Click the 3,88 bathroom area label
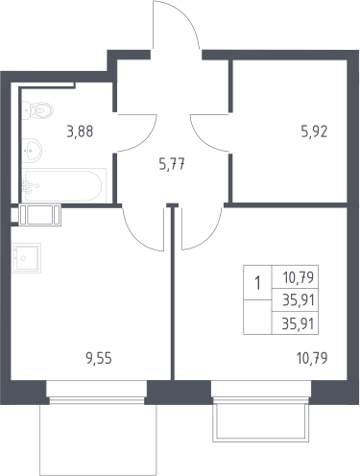tap(80, 131)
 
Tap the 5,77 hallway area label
tap(172, 165)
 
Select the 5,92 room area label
tap(314, 131)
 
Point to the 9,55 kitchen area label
tap(99, 358)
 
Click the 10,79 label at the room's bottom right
tap(312, 358)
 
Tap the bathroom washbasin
tap(32, 151)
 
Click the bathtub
tap(64, 185)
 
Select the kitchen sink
tap(26, 258)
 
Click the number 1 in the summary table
tap(257, 283)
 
